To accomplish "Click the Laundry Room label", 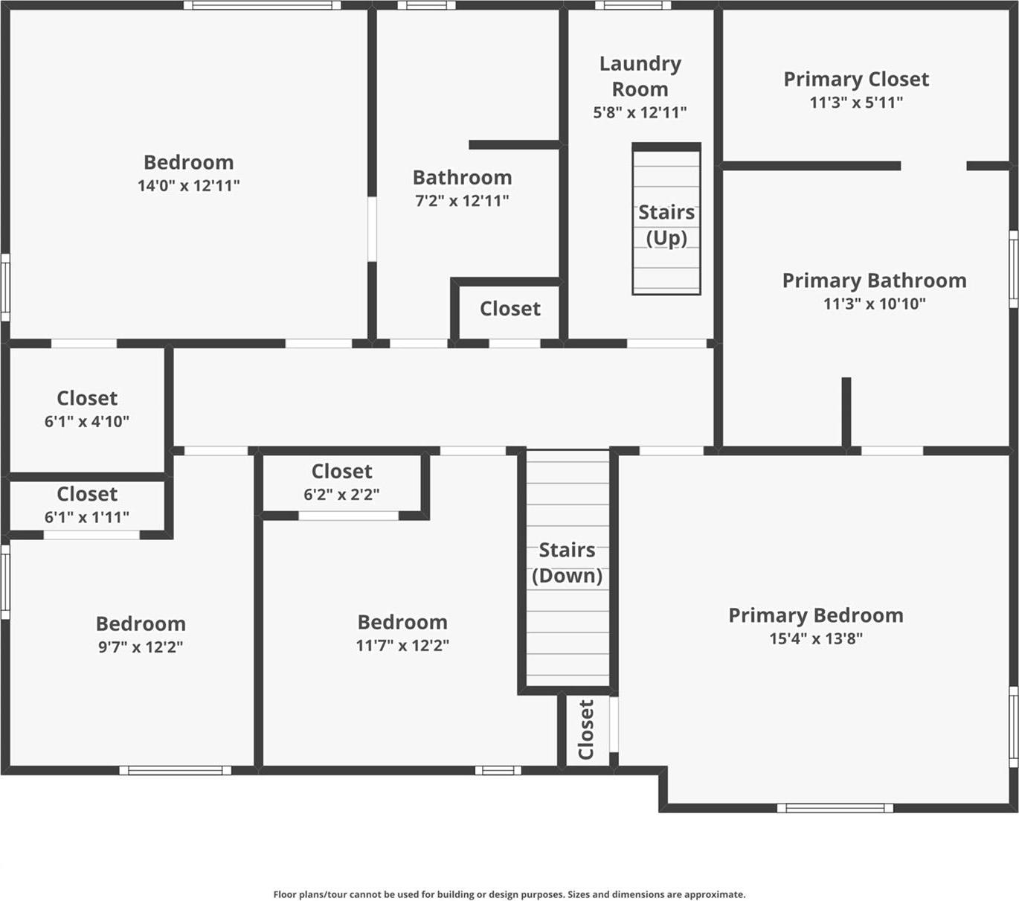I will click(x=640, y=77).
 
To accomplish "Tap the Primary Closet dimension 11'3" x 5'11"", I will click(x=856, y=103).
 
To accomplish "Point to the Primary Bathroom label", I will click(x=874, y=280).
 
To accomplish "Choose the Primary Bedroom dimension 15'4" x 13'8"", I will click(x=816, y=638).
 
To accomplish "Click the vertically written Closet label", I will click(x=586, y=730).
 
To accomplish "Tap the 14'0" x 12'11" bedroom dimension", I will click(x=188, y=185).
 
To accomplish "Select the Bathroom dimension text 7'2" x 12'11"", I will click(x=462, y=200).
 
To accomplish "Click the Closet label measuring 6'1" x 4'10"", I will click(x=87, y=398).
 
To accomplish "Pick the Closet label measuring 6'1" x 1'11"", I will click(x=87, y=494).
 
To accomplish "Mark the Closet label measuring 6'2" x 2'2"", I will click(x=341, y=471).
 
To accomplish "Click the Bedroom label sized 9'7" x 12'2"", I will click(x=141, y=623).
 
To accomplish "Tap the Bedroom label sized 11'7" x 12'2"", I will click(x=402, y=622).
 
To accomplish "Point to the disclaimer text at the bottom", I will click(x=509, y=894).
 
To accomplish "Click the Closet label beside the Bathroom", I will click(x=509, y=308).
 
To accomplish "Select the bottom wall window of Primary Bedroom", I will click(x=835, y=808).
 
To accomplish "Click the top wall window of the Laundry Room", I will click(x=632, y=5).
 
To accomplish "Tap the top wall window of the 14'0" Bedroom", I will click(x=262, y=5).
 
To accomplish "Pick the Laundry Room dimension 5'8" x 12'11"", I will click(x=640, y=112).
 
